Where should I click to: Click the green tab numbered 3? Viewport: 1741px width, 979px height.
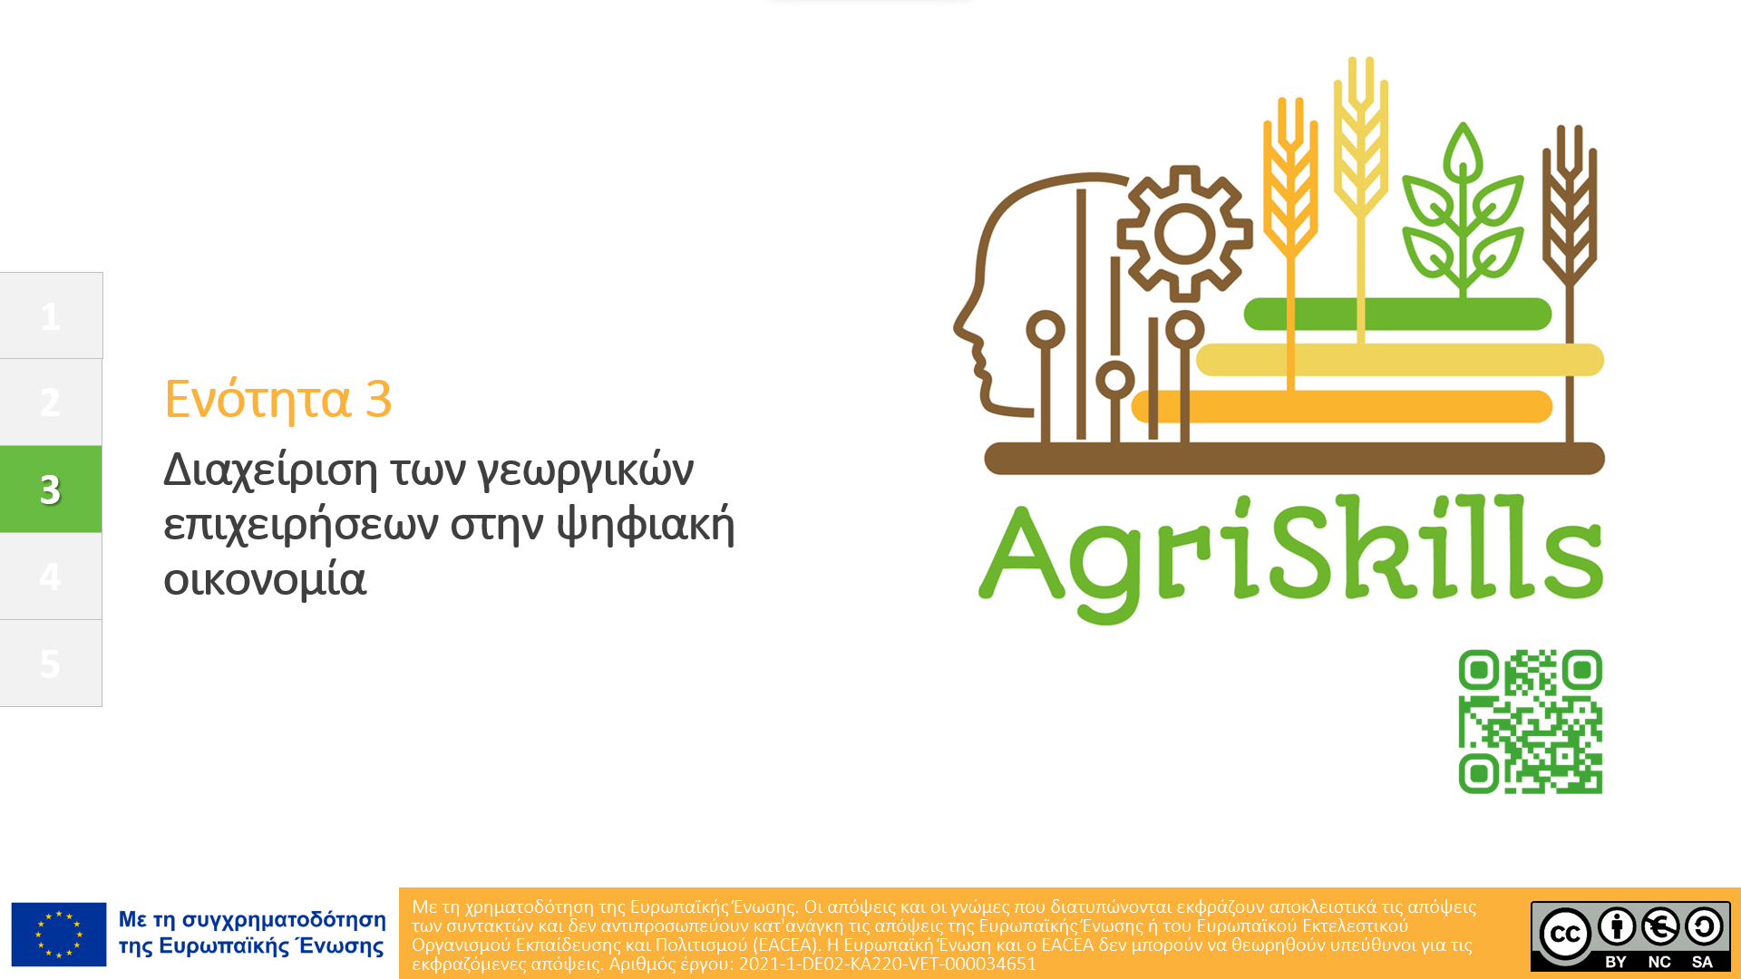point(51,489)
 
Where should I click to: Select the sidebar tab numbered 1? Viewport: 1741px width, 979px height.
point(51,315)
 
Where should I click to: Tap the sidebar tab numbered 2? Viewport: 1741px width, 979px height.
point(51,402)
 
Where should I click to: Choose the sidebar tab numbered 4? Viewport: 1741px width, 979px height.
point(51,576)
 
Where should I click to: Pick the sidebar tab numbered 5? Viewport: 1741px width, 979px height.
point(51,663)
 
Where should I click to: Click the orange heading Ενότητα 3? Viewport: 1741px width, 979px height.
point(277,399)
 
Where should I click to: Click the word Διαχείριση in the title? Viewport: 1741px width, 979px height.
point(270,470)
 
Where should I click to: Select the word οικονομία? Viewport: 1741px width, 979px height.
point(265,578)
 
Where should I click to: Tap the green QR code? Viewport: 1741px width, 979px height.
point(1530,722)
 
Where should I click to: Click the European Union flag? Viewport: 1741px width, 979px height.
point(59,935)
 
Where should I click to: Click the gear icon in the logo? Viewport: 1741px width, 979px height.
point(1184,234)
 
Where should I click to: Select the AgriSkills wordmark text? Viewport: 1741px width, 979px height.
point(1290,559)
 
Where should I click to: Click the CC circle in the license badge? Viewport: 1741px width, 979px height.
point(1565,934)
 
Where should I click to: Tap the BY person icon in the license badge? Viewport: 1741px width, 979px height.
point(1617,926)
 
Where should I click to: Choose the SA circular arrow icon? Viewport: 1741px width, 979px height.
point(1704,926)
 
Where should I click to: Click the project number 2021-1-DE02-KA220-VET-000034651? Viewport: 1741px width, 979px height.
point(887,964)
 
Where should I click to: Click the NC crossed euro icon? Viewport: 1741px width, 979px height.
point(1660,926)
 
